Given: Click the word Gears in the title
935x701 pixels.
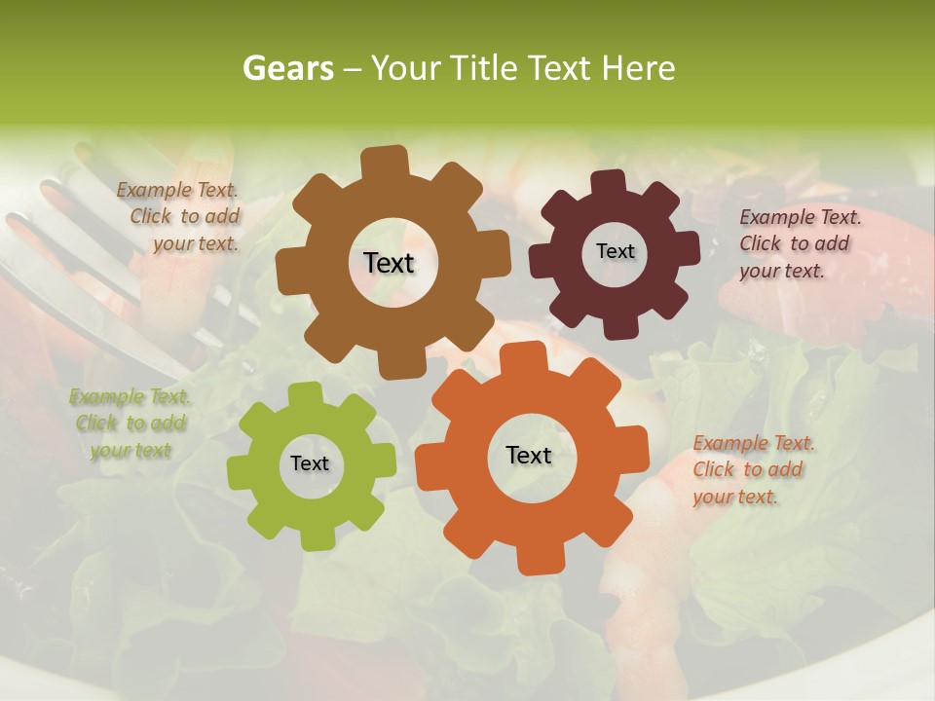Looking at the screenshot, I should click(x=287, y=68).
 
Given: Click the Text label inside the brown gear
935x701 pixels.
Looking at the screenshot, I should click(x=389, y=263).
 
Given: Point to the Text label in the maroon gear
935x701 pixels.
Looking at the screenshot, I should click(x=615, y=251).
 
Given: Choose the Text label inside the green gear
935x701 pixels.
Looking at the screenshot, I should click(x=310, y=464).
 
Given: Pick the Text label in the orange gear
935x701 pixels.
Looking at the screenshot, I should click(x=529, y=456).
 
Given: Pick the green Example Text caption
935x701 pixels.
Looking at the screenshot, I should click(x=131, y=424).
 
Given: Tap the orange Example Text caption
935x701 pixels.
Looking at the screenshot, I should click(x=752, y=470).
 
